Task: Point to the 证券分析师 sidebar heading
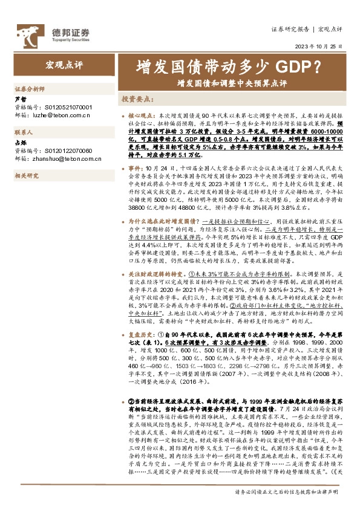[x=30, y=88]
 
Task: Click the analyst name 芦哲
[x=20, y=99]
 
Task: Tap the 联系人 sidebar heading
[x=25, y=131]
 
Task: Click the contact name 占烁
[x=20, y=143]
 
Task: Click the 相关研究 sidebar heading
[x=27, y=175]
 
